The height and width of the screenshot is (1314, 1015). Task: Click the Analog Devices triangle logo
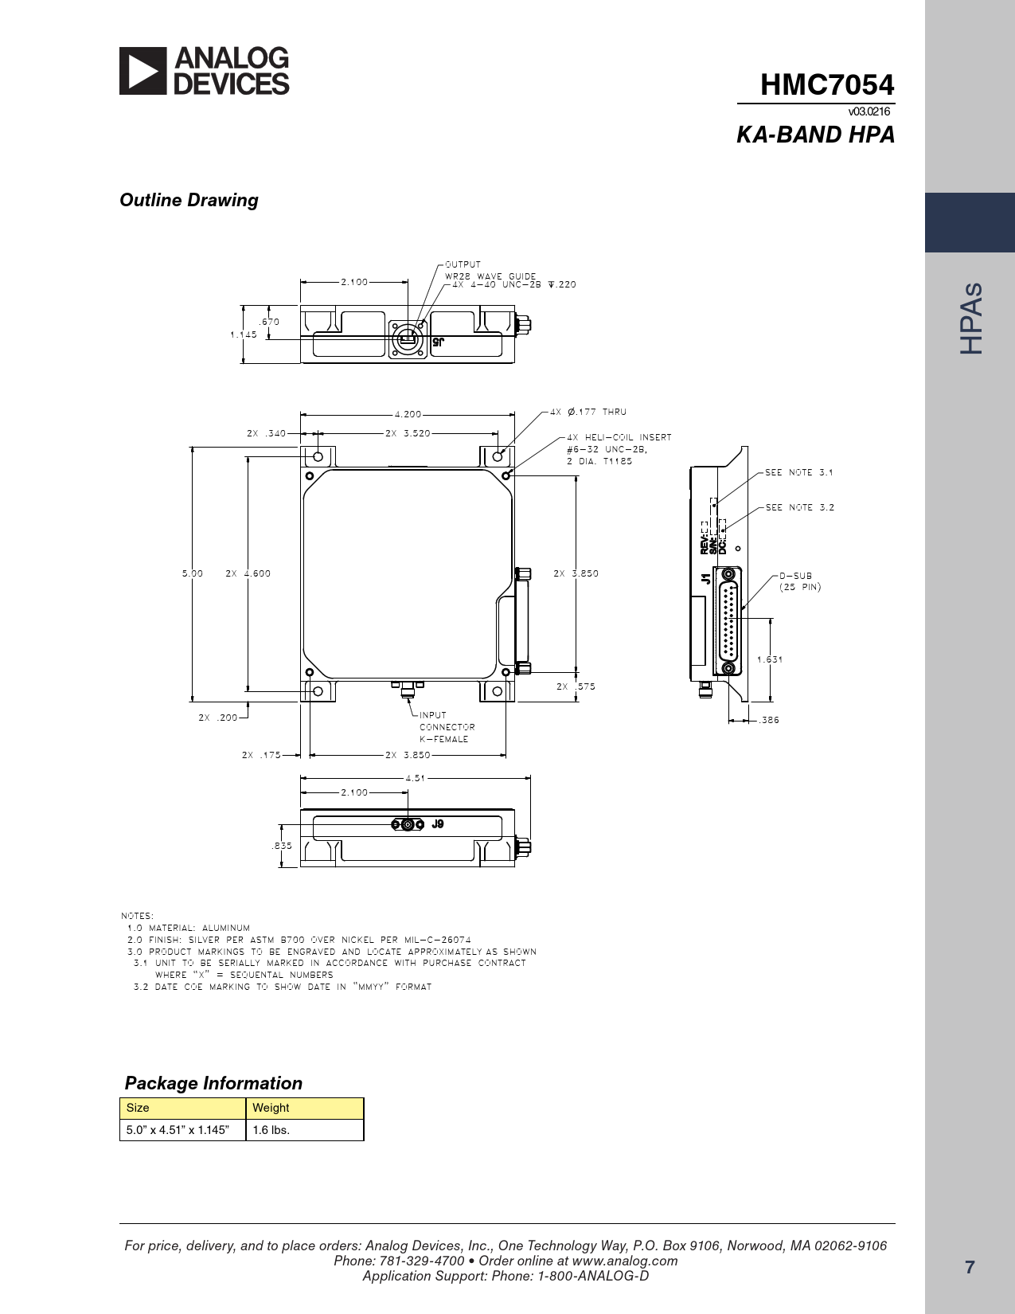pos(142,71)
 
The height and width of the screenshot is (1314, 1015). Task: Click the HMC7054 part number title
pos(827,84)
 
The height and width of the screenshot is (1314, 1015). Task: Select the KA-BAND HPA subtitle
pos(815,135)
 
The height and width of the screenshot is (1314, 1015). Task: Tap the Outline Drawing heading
pos(189,200)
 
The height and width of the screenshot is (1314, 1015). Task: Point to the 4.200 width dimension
pos(408,414)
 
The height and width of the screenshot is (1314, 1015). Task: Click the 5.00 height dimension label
pos(193,573)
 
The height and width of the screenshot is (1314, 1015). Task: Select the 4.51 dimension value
pos(416,778)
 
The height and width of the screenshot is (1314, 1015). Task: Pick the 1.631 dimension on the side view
pos(770,659)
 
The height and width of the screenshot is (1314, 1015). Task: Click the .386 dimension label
pos(769,720)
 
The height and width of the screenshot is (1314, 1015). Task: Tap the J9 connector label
pos(438,823)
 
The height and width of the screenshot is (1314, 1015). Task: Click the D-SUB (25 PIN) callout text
pos(800,581)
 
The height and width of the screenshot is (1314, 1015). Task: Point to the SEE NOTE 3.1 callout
pos(799,472)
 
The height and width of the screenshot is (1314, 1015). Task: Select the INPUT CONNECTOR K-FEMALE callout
pos(447,727)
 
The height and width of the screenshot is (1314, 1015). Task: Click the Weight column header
pos(271,1108)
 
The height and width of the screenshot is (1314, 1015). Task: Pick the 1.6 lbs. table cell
pos(271,1129)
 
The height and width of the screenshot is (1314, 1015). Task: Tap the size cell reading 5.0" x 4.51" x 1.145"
pos(178,1129)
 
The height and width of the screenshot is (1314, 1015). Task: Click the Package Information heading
pos(213,1083)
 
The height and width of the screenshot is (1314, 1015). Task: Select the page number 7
pos(970,1267)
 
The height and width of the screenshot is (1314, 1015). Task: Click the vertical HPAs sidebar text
pos(971,318)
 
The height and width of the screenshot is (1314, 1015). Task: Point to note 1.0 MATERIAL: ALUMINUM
pos(189,928)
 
